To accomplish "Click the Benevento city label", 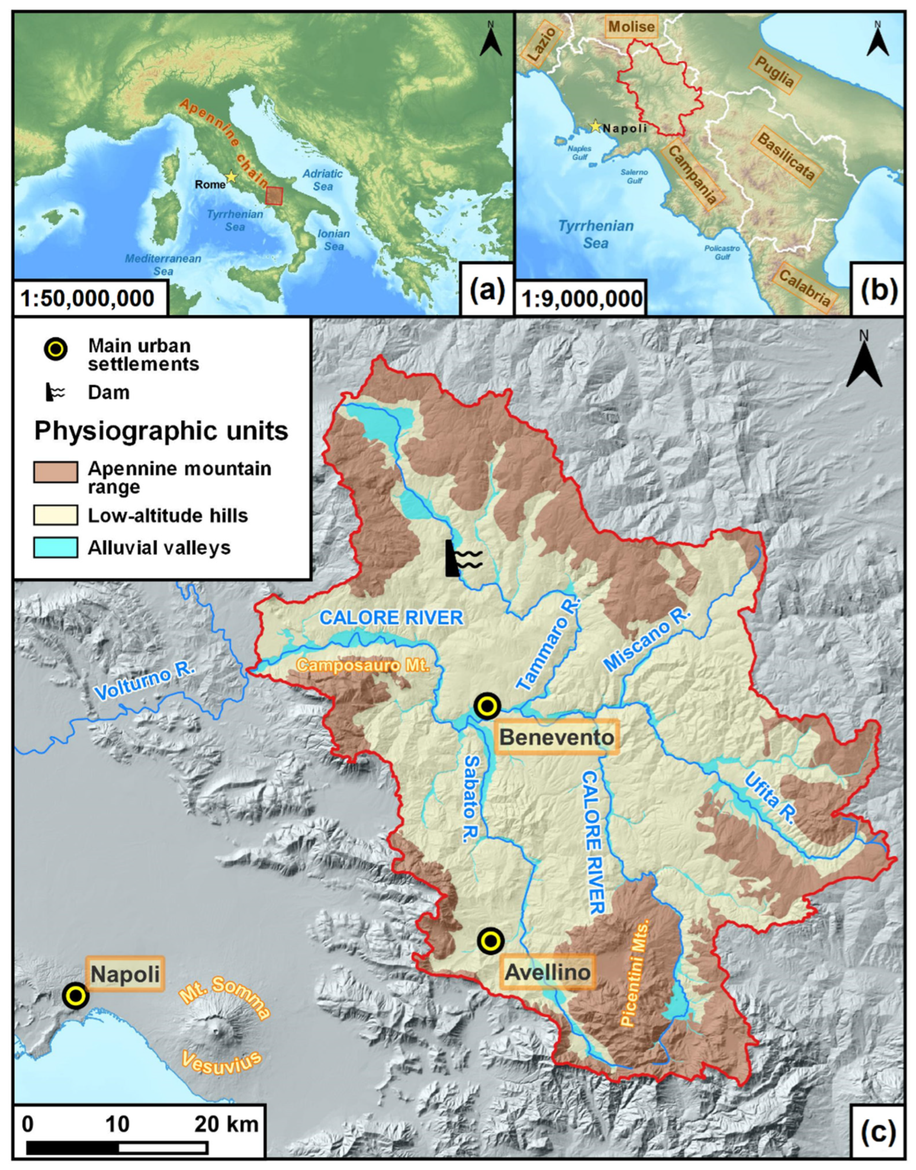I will [x=557, y=737].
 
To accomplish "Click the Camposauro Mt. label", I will [x=363, y=666].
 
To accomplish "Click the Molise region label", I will [x=632, y=26].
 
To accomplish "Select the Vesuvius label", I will [x=221, y=1062].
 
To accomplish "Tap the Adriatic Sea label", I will [x=322, y=180].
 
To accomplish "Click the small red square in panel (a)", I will [x=274, y=195].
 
